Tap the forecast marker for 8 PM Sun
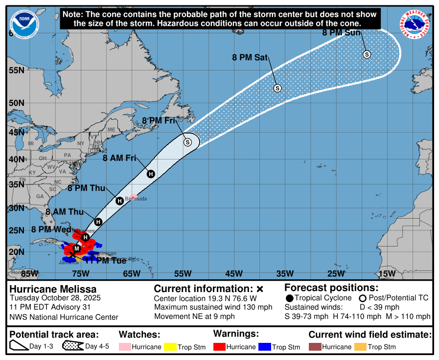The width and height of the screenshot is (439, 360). pyautogui.click(x=367, y=54)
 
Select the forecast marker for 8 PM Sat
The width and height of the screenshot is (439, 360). pyautogui.click(x=277, y=88)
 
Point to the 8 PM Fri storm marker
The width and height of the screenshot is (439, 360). pyautogui.click(x=187, y=142)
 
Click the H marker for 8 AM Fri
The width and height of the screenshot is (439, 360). pyautogui.click(x=151, y=174)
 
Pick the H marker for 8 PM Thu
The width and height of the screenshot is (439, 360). pyautogui.click(x=119, y=201)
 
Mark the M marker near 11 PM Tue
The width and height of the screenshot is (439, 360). pyautogui.click(x=77, y=248)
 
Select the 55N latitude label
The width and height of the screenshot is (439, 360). pyautogui.click(x=16, y=70)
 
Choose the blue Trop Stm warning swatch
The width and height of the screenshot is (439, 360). pyautogui.click(x=265, y=347)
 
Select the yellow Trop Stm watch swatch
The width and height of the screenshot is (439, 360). pyautogui.click(x=170, y=347)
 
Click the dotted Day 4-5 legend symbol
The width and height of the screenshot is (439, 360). pyautogui.click(x=72, y=346)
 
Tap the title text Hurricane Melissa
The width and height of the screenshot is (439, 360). pyautogui.click(x=53, y=289)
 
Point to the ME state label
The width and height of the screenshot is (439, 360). pyautogui.click(x=111, y=130)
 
